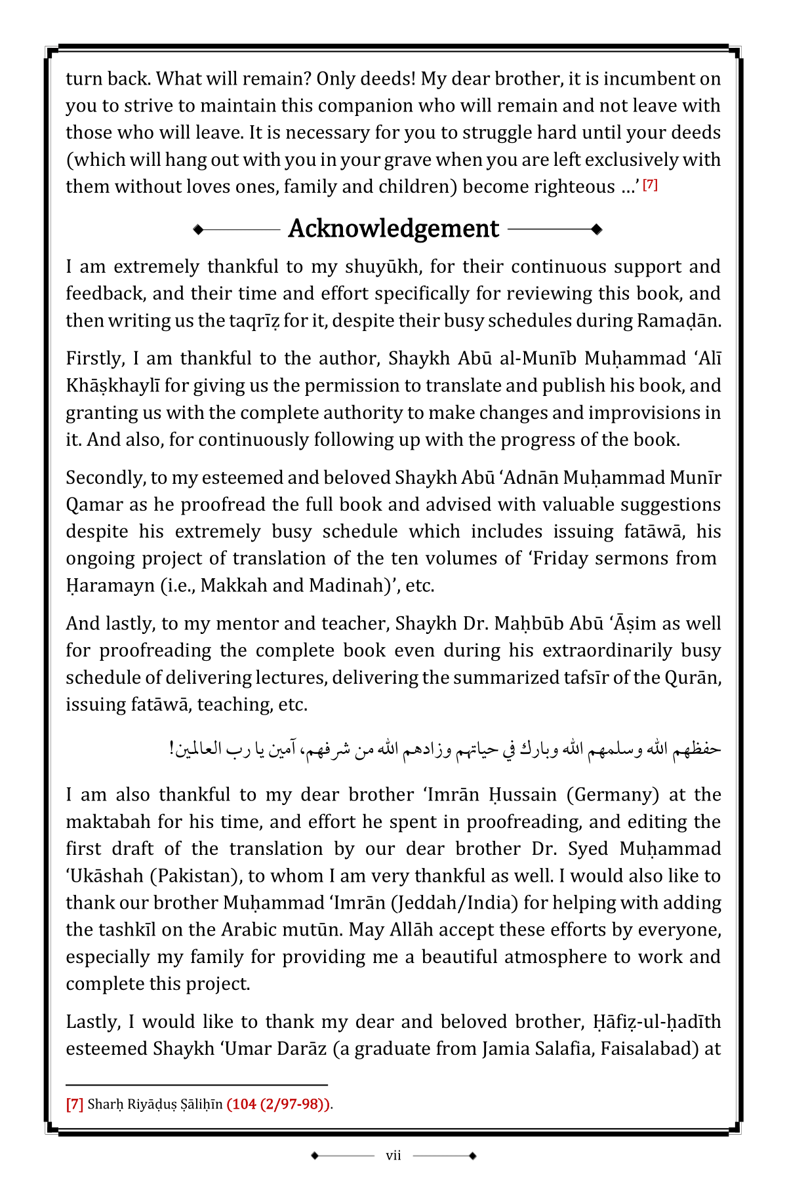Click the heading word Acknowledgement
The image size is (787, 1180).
pyautogui.click(x=393, y=229)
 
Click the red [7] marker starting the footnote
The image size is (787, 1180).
pyautogui.click(x=75, y=1104)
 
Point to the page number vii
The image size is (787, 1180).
pyautogui.click(x=393, y=1155)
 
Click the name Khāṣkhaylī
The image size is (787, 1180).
pyautogui.click(x=113, y=385)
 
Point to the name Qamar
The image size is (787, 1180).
pyautogui.click(x=94, y=505)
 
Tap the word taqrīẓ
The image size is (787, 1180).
pyautogui.click(x=252, y=321)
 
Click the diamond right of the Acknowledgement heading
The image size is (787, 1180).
pyautogui.click(x=596, y=229)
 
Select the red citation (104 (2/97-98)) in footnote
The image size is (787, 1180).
pyautogui.click(x=278, y=1104)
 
